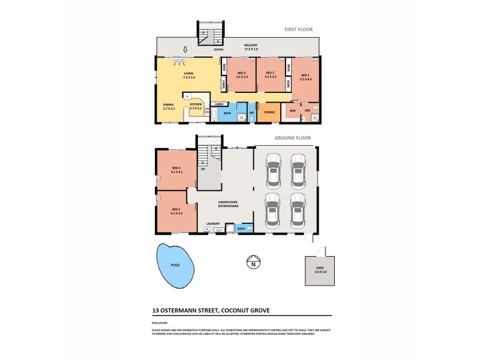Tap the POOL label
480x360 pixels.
(x=175, y=264)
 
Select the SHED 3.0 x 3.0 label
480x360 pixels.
(x=320, y=270)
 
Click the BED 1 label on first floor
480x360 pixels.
(x=305, y=76)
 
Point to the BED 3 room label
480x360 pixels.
(x=241, y=75)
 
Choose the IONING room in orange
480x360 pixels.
(x=269, y=112)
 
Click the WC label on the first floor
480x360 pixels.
(x=252, y=112)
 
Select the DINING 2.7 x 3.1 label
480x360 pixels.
(x=168, y=107)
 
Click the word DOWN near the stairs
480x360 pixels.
(x=209, y=50)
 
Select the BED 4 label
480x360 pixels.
(x=176, y=170)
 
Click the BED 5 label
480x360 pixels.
(x=176, y=210)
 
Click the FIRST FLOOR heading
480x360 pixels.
(x=298, y=29)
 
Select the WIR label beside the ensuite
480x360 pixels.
(x=292, y=111)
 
